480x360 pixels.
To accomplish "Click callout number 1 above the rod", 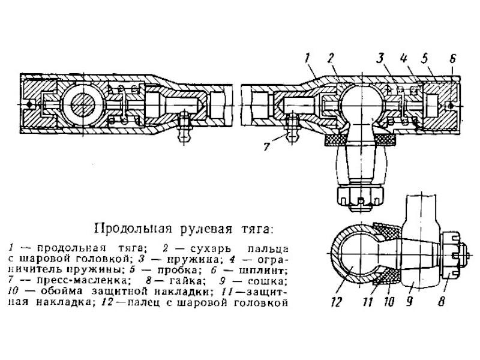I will [307, 58].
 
